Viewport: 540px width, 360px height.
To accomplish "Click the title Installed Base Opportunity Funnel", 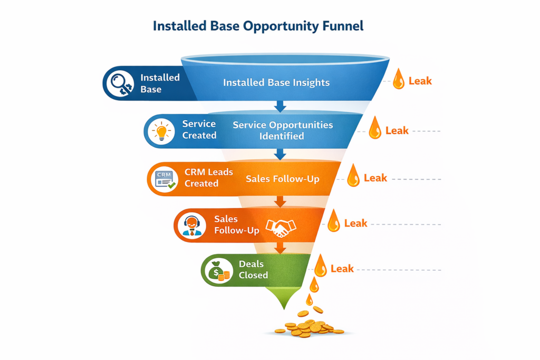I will pyautogui.click(x=258, y=26).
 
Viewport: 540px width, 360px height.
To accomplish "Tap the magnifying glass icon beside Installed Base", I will pyautogui.click(x=119, y=83).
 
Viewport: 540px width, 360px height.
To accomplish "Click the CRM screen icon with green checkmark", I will pyautogui.click(x=163, y=178).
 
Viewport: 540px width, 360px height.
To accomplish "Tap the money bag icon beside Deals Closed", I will pyautogui.click(x=217, y=270).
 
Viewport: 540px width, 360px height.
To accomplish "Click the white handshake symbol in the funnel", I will pyautogui.click(x=281, y=227).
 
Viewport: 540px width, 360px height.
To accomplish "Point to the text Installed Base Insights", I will pyautogui.click(x=276, y=83).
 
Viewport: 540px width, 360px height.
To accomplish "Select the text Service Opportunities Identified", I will pyautogui.click(x=283, y=130).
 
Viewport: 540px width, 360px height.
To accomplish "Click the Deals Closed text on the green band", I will pyautogui.click(x=253, y=269).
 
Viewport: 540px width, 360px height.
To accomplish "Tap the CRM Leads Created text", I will pyautogui.click(x=201, y=178).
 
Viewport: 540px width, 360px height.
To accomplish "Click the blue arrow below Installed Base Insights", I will pyautogui.click(x=280, y=106).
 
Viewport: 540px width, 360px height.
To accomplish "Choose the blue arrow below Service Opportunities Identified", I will pyautogui.click(x=280, y=153).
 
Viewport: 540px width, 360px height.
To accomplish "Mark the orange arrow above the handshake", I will pyautogui.click(x=280, y=201).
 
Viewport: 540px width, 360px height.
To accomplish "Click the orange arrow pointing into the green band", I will pyautogui.click(x=280, y=247).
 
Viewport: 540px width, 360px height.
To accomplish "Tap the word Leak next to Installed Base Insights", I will pyautogui.click(x=420, y=81).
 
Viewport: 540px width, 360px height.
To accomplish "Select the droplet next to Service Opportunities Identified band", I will pyautogui.click(x=375, y=128).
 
